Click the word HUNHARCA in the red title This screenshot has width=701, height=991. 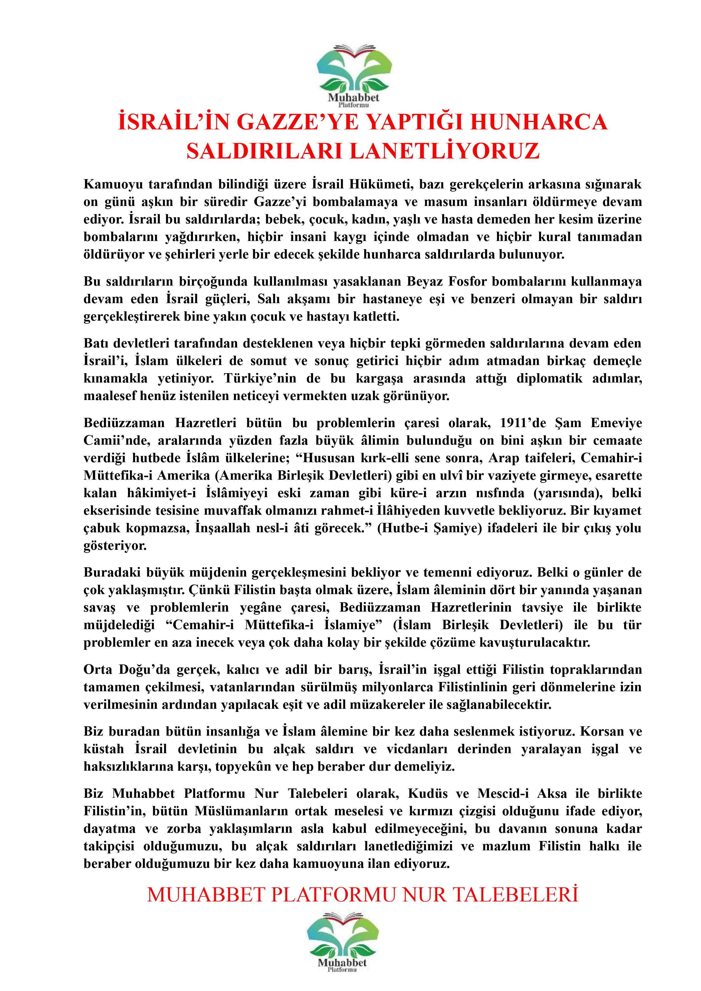coord(538,122)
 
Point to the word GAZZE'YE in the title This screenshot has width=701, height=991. coord(298,122)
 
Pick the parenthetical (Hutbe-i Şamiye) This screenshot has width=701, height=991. coord(429,528)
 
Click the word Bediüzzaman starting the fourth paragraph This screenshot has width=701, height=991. coord(124,423)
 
